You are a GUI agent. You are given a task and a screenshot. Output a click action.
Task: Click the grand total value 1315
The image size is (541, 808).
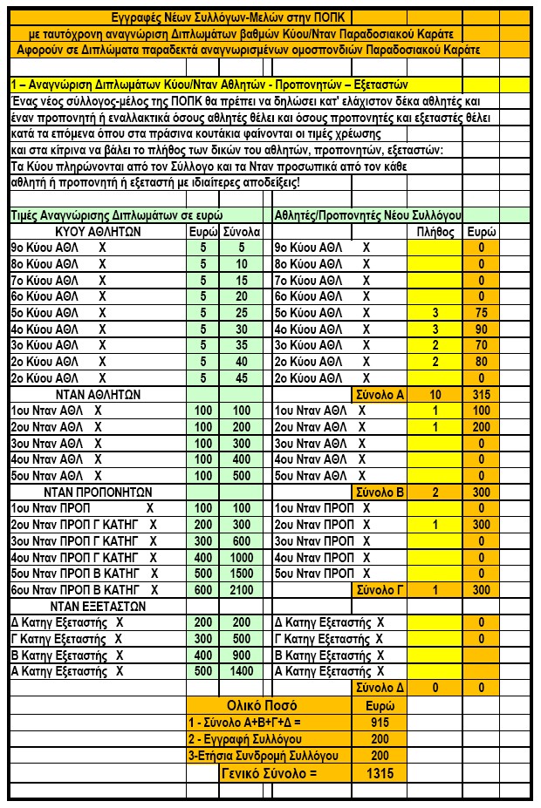point(380,773)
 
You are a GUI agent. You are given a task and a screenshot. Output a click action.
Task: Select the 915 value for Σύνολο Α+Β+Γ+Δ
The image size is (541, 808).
point(380,722)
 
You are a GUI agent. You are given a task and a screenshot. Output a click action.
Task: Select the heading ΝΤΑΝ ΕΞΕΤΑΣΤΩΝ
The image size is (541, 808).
point(98,606)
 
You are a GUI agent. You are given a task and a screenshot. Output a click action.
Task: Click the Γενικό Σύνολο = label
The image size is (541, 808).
point(270,773)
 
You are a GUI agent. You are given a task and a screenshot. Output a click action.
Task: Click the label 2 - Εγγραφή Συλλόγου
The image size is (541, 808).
point(270,738)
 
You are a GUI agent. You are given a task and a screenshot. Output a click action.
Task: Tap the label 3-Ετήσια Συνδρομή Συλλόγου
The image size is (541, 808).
point(270,755)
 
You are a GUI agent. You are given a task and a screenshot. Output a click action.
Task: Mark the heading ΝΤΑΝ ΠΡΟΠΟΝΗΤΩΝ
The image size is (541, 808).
point(98,492)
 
